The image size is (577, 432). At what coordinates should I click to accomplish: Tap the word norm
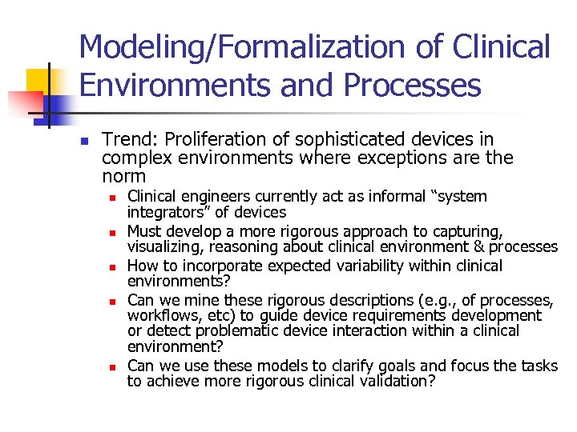tap(124, 176)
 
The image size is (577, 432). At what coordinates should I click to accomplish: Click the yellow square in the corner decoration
tap(38, 80)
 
